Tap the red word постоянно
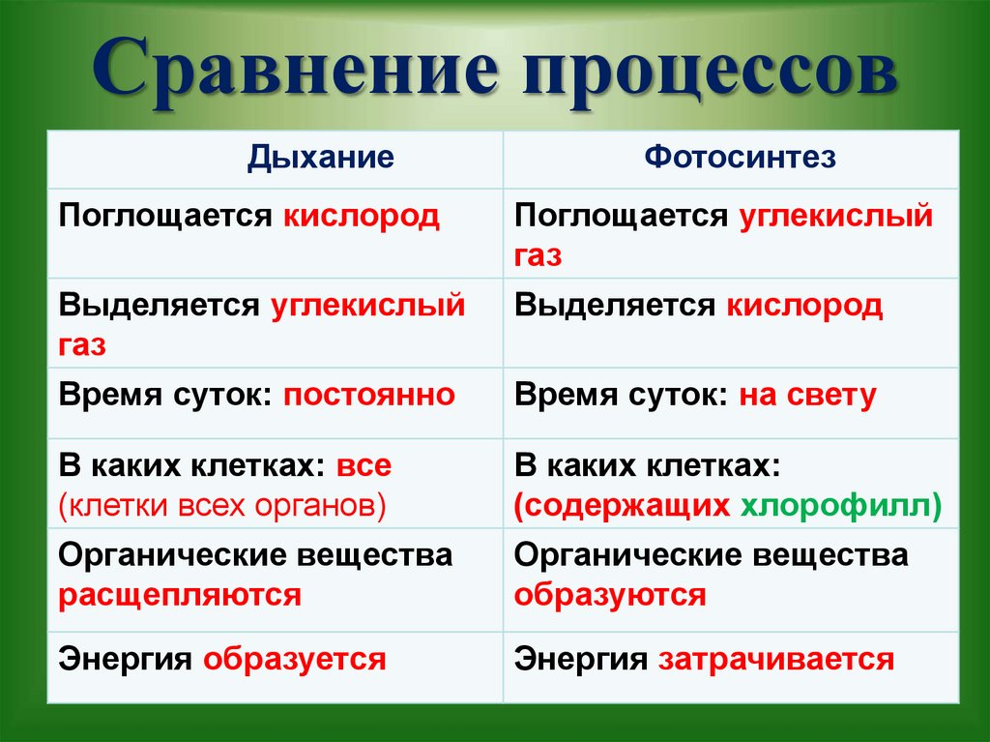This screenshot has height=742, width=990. (x=368, y=395)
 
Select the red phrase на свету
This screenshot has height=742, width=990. (x=808, y=395)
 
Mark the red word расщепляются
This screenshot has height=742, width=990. (x=180, y=593)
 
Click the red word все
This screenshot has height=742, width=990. (x=364, y=465)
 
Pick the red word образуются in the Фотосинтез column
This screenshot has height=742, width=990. (x=610, y=593)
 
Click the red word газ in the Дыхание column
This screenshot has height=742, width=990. (x=82, y=345)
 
